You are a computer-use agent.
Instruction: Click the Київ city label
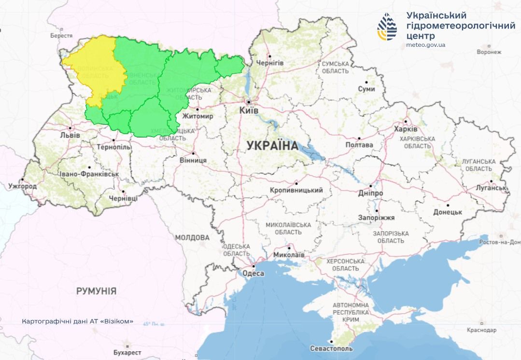click(249, 111)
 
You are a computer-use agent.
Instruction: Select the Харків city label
click(406, 129)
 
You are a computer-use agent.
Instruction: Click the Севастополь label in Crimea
click(331, 348)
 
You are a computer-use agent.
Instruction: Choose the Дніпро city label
click(371, 193)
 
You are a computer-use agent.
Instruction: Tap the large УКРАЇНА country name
click(272, 145)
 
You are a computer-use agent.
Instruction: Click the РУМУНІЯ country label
click(96, 291)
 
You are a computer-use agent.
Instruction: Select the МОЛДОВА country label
click(192, 237)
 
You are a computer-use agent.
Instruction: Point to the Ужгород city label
click(22, 186)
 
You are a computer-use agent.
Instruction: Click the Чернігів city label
click(269, 63)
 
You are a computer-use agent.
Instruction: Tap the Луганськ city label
click(491, 188)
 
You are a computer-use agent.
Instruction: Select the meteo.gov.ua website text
click(426, 45)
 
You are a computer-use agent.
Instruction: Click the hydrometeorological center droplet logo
click(387, 27)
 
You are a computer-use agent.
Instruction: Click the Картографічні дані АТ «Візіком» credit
click(78, 321)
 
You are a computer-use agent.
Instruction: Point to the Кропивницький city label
click(296, 190)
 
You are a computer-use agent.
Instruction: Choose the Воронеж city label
click(489, 52)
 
